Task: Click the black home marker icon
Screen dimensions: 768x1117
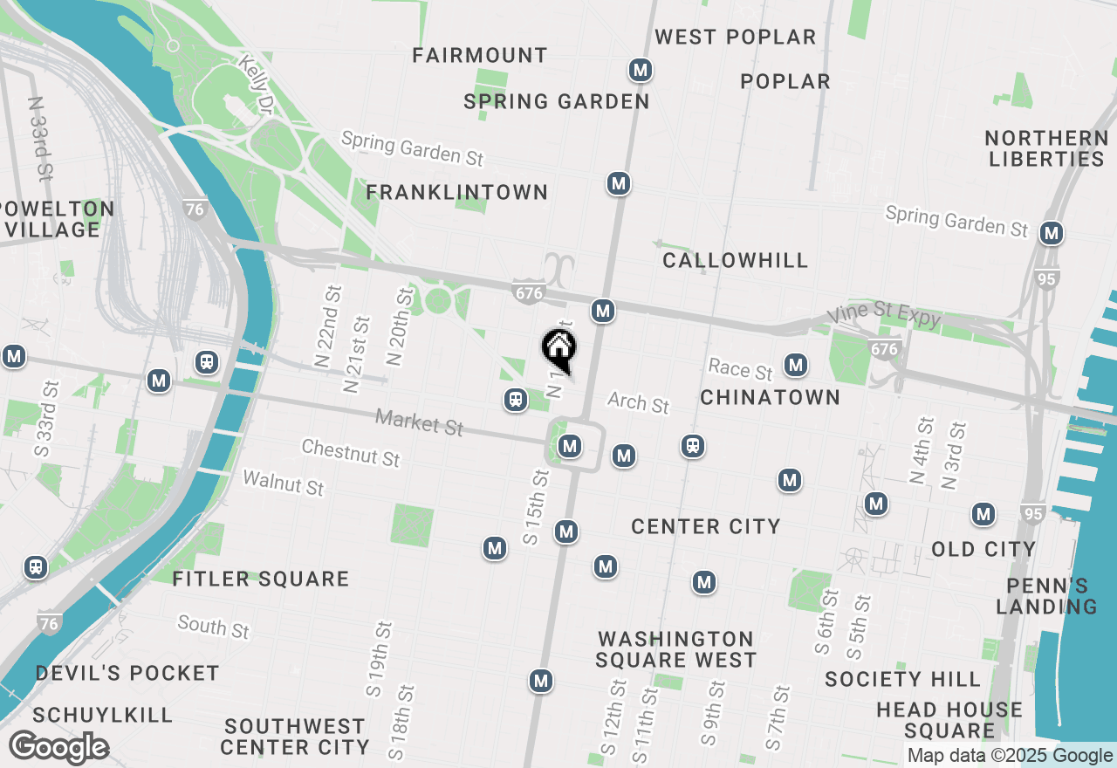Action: (558, 348)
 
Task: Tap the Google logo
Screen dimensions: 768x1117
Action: (58, 748)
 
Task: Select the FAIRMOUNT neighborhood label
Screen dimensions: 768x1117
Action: (480, 55)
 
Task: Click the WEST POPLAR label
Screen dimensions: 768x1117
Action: (736, 37)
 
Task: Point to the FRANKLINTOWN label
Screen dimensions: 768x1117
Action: (457, 192)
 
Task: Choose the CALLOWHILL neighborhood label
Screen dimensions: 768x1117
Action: (735, 260)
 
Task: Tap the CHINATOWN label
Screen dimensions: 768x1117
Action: (771, 397)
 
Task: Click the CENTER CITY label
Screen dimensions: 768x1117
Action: (705, 526)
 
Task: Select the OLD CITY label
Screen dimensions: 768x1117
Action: (983, 549)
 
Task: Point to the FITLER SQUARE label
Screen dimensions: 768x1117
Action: (261, 579)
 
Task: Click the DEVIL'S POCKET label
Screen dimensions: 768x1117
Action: (127, 673)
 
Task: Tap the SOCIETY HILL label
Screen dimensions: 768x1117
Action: (902, 679)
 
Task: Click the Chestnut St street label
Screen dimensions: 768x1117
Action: (350, 452)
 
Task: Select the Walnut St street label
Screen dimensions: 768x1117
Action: (283, 482)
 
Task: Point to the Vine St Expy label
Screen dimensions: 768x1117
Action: (884, 316)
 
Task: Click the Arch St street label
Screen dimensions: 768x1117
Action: (638, 402)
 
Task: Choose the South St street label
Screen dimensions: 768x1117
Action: (213, 626)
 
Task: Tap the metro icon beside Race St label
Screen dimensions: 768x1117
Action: (795, 364)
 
